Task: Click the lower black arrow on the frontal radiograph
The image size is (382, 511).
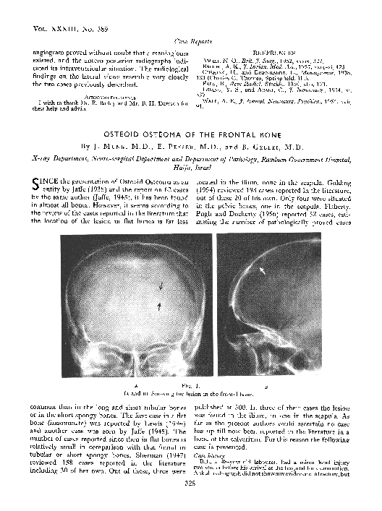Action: tap(159, 306)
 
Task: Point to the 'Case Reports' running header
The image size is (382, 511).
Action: tap(190, 43)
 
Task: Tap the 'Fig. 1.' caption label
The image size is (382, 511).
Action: tap(190, 387)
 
